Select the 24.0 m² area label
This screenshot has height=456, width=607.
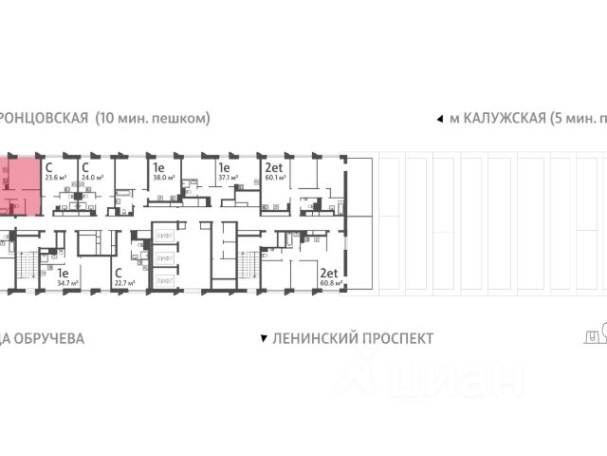[92, 177]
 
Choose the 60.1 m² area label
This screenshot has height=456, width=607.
[276, 177]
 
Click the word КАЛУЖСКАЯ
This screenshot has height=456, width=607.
[504, 118]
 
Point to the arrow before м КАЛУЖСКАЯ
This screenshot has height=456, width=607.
[438, 119]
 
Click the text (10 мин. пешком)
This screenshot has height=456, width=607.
[152, 118]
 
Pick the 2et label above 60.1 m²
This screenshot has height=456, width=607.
[273, 165]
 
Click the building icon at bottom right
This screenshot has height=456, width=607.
[594, 333]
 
